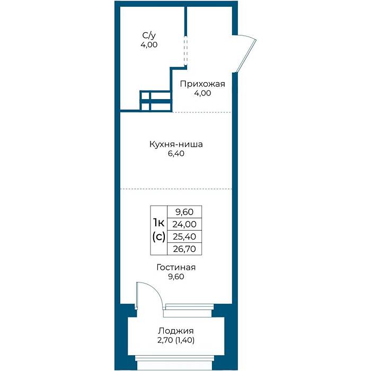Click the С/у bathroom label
tap(149, 36)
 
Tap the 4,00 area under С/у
tap(149, 45)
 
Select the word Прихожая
tap(202, 84)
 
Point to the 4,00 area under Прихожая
tap(202, 93)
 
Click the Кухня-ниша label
tap(176, 144)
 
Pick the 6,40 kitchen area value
tap(176, 154)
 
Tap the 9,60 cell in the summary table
tap(184, 212)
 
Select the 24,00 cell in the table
tap(184, 224)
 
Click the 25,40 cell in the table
tap(184, 236)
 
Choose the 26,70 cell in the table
tap(184, 249)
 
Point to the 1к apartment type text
tap(159, 223)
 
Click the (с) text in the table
tap(159, 236)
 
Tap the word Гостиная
tap(176, 267)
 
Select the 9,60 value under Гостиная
tap(176, 277)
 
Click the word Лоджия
tap(176, 331)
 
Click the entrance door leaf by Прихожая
tap(246, 56)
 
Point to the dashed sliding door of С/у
tap(185, 51)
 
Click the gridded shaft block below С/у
tap(155, 101)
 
